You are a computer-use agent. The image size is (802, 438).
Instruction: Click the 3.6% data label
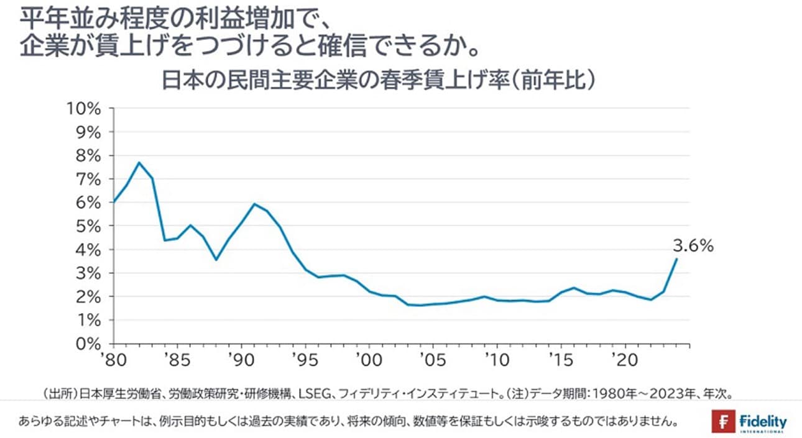[693, 245]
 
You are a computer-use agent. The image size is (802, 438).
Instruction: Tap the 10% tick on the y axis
[86, 109]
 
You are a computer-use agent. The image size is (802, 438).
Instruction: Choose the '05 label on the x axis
[432, 360]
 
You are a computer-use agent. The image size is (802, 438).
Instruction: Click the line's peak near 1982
[139, 163]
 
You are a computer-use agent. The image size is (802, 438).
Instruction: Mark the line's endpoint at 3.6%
[676, 259]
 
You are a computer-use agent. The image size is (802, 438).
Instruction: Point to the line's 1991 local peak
[254, 204]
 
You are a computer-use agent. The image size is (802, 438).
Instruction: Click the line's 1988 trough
[216, 260]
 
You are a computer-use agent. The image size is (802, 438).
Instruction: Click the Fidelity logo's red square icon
[724, 422]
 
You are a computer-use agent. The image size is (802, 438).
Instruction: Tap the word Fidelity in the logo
[763, 421]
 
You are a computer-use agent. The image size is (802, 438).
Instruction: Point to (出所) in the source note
[58, 393]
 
